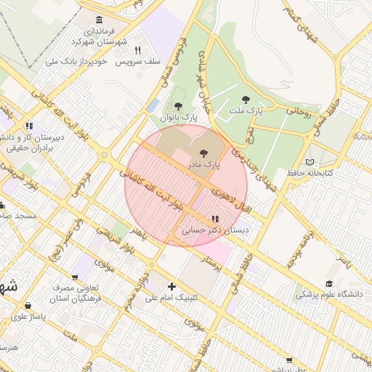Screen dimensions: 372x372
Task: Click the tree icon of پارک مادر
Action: tap(203, 153)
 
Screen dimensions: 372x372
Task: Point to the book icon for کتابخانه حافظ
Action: tap(310, 162)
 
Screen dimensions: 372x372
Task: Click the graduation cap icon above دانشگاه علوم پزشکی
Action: tap(328, 284)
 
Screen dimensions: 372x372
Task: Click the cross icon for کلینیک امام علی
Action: tap(171, 286)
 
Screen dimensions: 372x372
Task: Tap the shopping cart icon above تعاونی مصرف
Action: tap(76, 277)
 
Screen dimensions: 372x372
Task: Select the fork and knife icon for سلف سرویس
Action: tap(137, 50)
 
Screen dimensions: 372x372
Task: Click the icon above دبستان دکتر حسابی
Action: tap(214, 219)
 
